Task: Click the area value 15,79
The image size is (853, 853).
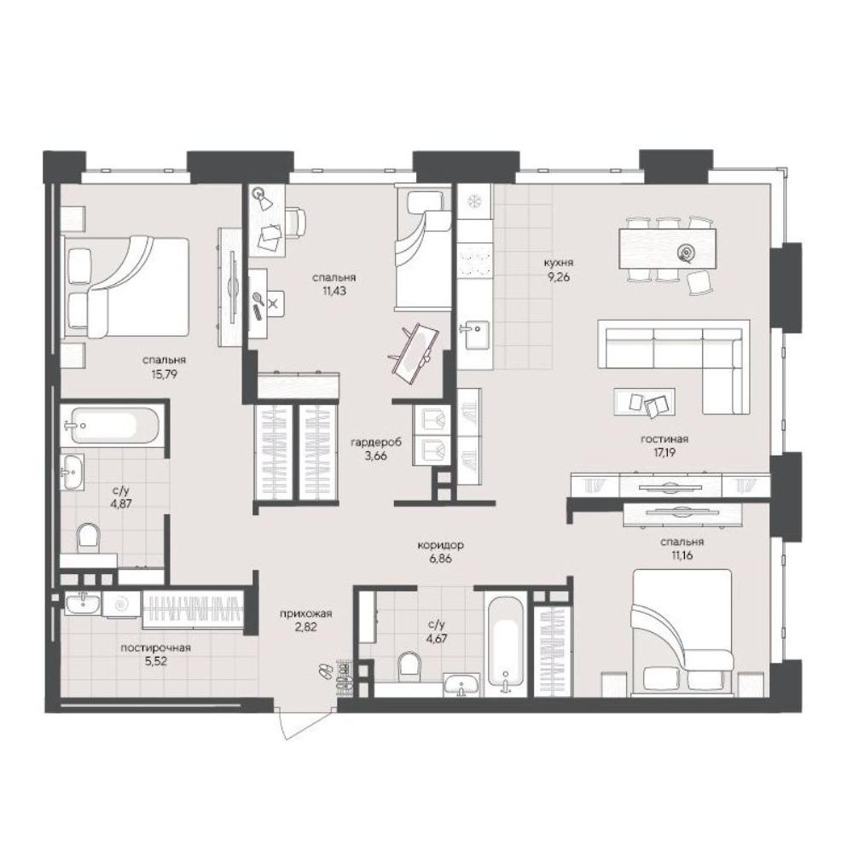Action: point(165,374)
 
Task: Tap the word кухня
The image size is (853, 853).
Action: point(558,263)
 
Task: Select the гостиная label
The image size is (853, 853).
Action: point(664,439)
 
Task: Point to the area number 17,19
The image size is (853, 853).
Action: point(664,452)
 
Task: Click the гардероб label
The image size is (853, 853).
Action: point(376,443)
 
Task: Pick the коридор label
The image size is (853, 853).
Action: point(441,544)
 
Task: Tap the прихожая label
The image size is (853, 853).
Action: point(305,613)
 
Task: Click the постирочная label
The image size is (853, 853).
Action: point(155,648)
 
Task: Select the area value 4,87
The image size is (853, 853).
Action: point(121,504)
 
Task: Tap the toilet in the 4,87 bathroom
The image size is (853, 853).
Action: point(88,538)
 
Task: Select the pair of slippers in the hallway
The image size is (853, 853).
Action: point(325,670)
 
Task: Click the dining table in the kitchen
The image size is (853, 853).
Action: point(667,248)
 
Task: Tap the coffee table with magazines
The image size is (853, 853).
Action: point(645,402)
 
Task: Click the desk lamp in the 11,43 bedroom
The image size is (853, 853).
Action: point(262,198)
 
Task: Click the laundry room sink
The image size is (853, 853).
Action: point(83,603)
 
